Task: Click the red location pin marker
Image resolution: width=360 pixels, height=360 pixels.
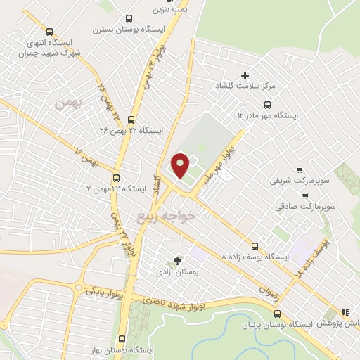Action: click(181, 165)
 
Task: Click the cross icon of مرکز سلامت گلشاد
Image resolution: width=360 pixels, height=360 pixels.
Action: click(245, 75)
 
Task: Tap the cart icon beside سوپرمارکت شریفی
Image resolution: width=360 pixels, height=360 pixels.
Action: click(300, 169)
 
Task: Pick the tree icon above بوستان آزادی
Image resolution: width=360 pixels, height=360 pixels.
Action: click(176, 260)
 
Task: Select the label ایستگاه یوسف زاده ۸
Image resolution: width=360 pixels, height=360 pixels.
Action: click(254, 257)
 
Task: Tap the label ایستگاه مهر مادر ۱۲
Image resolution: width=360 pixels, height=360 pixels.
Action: click(268, 114)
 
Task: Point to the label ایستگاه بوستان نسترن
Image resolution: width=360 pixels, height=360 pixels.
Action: click(128, 30)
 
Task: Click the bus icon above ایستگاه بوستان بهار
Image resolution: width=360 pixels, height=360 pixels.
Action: click(124, 337)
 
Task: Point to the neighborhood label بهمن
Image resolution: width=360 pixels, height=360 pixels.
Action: click(68, 103)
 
